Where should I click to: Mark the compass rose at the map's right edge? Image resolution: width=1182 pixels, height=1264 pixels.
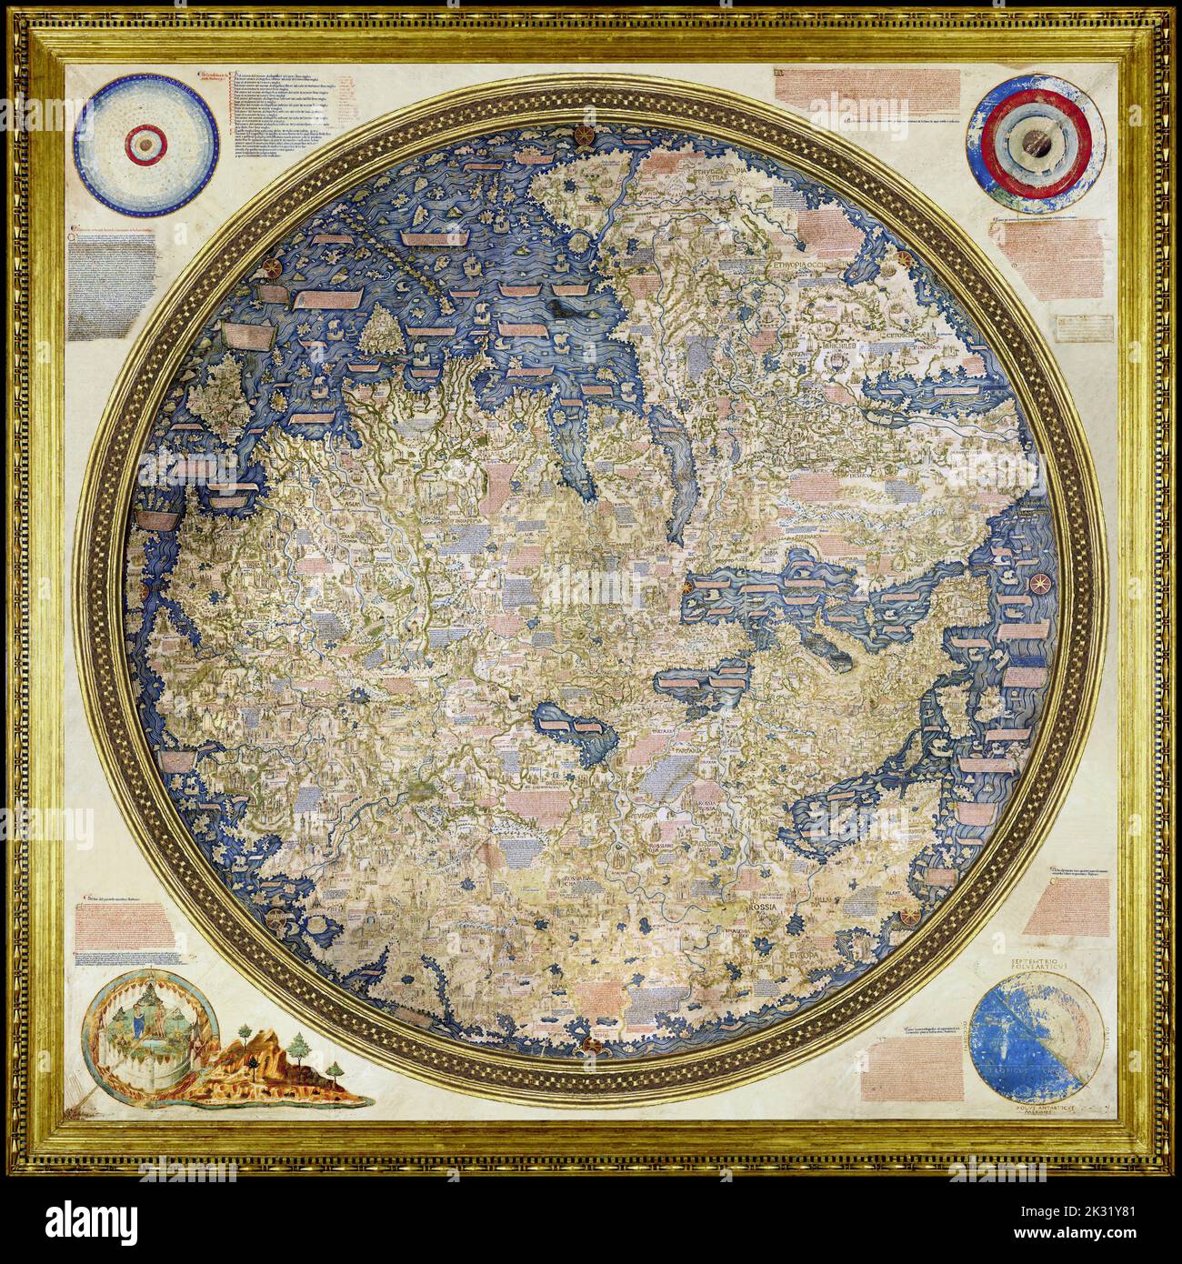[x=1037, y=581]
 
